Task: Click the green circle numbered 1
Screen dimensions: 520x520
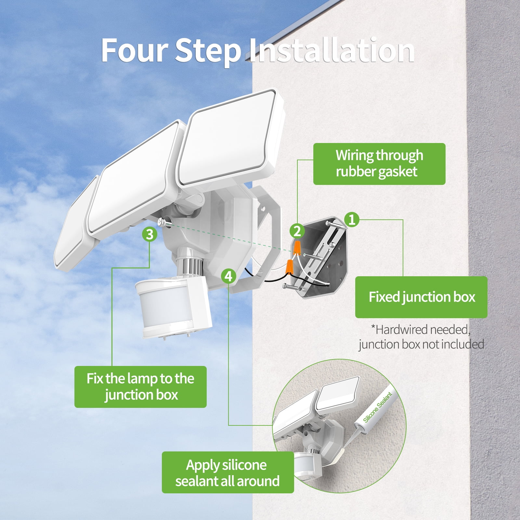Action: coord(352,219)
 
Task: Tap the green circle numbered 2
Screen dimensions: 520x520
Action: coord(297,231)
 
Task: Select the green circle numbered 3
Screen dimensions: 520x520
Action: coord(149,234)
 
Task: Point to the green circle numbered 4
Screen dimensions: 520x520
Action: coord(228,276)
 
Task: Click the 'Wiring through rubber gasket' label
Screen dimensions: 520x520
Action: coord(379,164)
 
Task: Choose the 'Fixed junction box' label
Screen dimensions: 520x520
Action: coord(421,297)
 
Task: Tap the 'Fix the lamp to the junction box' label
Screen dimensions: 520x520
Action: coord(140,387)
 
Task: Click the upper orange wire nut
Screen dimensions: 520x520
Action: coord(296,249)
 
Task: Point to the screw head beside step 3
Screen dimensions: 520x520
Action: coord(162,222)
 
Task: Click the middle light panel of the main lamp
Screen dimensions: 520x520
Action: coord(133,177)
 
